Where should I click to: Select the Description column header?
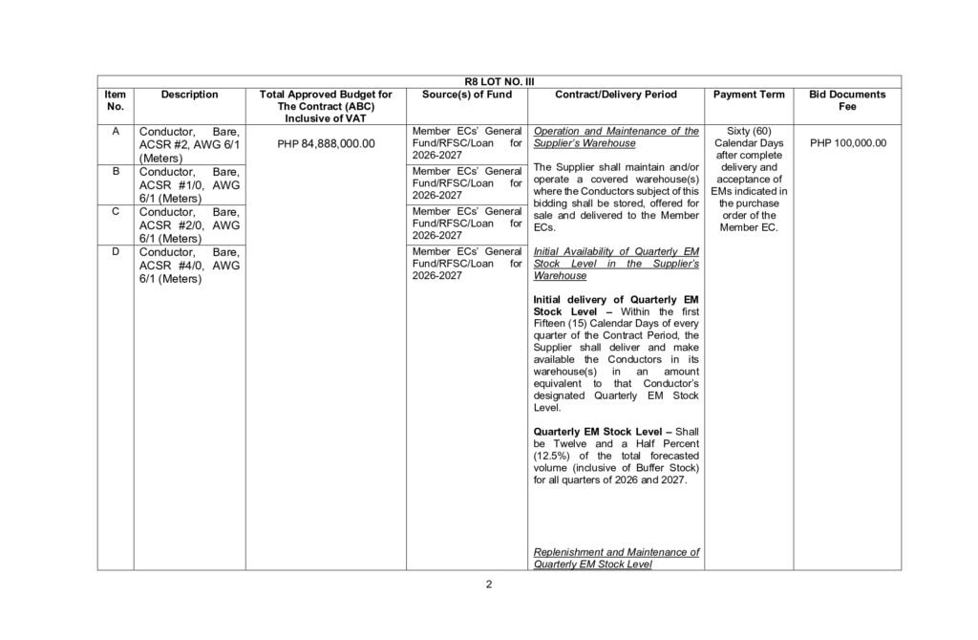pos(189,95)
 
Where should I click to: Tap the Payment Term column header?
pos(749,95)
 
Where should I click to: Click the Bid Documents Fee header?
pos(847,100)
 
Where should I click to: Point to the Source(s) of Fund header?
pos(467,95)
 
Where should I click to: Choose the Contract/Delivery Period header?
pos(615,95)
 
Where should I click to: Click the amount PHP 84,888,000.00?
pos(326,143)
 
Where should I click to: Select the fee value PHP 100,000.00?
pos(847,143)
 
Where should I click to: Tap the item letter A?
pos(116,131)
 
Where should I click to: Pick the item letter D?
pos(116,251)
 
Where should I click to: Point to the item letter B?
pos(116,171)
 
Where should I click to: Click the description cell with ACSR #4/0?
pos(189,266)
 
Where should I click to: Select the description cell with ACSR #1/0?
pos(189,184)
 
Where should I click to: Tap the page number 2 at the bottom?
pos(488,585)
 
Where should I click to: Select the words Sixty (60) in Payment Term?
pos(749,131)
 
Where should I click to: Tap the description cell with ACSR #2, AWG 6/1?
pos(189,144)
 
